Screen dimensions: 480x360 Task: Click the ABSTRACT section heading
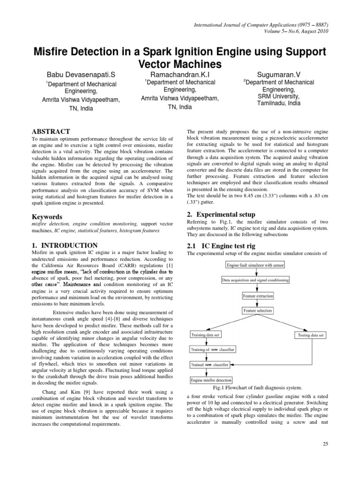coord(51,132)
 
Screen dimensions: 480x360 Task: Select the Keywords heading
coord(47,217)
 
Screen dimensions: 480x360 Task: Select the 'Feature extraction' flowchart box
coord(258,296)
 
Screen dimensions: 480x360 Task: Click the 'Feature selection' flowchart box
coord(257,311)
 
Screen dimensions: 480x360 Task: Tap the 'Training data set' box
coord(205,335)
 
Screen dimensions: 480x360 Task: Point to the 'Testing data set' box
coord(311,335)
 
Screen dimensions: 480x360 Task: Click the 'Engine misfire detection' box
coord(210,380)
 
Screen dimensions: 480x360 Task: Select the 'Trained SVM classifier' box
coord(210,364)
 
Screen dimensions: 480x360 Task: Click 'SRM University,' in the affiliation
coord(278,96)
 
